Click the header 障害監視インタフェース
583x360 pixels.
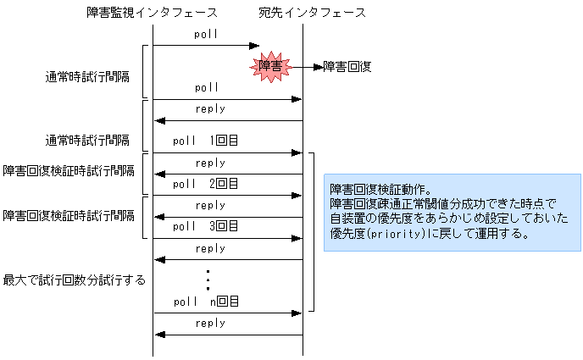coord(153,13)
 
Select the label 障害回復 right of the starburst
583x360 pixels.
coord(347,66)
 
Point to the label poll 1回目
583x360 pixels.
coord(205,141)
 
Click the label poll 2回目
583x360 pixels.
coord(205,184)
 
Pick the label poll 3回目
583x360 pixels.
coord(205,226)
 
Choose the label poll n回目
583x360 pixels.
coord(205,302)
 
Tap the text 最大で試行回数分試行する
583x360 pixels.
coord(75,280)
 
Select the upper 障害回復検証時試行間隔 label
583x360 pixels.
coord(69,171)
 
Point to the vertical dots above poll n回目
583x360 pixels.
coord(208,279)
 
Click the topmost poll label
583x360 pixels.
coord(206,35)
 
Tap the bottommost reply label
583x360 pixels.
coord(210,323)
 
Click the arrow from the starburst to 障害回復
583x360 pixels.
coord(307,66)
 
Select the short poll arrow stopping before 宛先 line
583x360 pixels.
coord(206,46)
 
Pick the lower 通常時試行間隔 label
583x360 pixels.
coord(87,140)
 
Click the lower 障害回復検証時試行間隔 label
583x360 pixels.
coord(69,215)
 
